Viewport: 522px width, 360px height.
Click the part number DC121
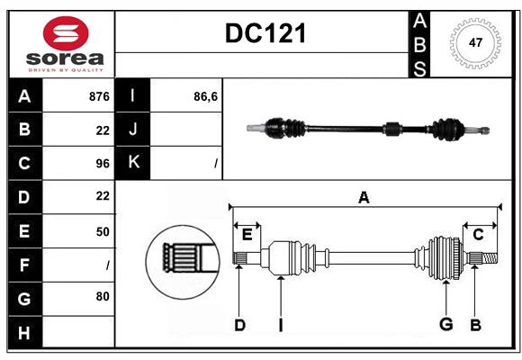[265, 33]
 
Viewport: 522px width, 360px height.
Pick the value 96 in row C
[102, 163]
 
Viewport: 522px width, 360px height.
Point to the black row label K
[134, 163]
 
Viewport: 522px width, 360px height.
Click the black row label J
[134, 130]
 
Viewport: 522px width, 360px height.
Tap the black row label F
[24, 265]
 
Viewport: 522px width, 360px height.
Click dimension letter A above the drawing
[364, 198]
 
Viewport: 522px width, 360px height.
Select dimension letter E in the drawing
[247, 235]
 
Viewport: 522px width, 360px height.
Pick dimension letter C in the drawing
[478, 235]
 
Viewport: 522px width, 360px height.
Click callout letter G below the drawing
[445, 325]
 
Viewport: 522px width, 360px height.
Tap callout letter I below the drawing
[280, 325]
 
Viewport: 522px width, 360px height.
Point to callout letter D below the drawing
[239, 325]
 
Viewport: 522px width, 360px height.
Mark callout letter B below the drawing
[474, 325]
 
